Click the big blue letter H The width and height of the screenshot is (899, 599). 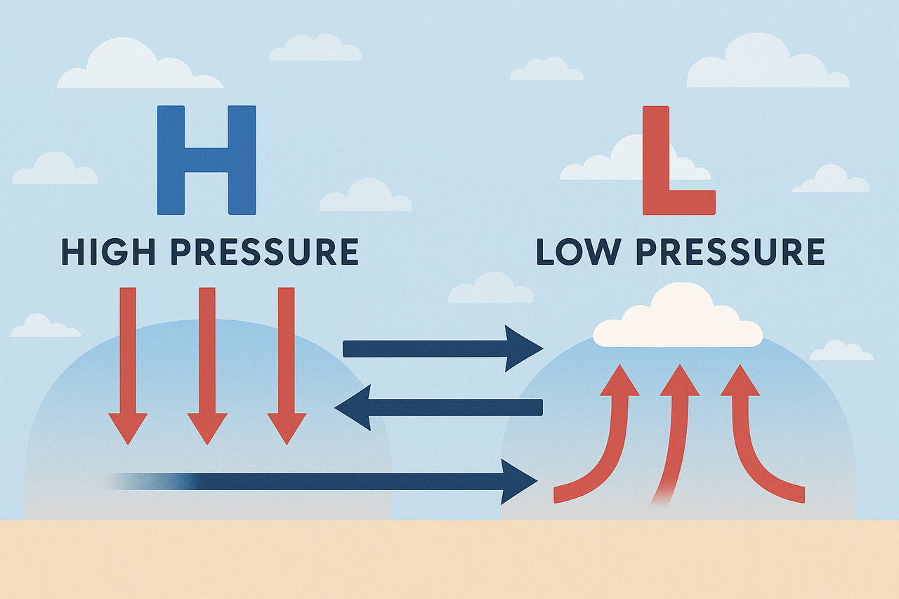click(x=206, y=160)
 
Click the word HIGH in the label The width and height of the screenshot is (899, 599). click(x=108, y=251)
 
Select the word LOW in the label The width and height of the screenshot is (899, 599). click(x=579, y=251)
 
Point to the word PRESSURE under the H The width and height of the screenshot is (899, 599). click(x=265, y=251)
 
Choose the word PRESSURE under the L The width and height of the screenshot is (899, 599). click(x=730, y=251)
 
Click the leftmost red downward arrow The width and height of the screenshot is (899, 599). click(x=128, y=366)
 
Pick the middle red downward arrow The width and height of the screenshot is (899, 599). click(x=207, y=366)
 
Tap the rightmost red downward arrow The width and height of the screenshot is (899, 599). click(x=287, y=366)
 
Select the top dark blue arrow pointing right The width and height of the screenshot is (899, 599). click(x=443, y=348)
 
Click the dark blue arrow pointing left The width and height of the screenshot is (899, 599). click(x=438, y=407)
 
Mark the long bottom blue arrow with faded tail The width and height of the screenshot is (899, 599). click(x=322, y=482)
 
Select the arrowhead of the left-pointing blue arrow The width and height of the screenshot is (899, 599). click(x=353, y=407)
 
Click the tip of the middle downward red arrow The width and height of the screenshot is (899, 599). click(x=207, y=445)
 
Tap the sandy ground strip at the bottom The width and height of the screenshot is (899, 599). click(x=449, y=560)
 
